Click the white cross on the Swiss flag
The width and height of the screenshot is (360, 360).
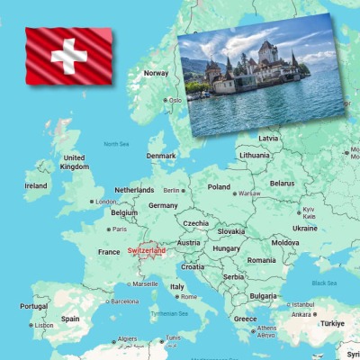pos(68,56)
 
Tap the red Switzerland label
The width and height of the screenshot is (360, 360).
pos(146,251)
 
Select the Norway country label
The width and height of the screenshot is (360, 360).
pos(157,73)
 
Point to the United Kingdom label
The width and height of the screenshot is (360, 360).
pos(74,162)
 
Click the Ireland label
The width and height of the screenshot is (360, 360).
pos(36,186)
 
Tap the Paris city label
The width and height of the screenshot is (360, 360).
pos(118,229)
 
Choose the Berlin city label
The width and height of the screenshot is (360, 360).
pos(171,190)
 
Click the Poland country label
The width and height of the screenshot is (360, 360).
pos(219,187)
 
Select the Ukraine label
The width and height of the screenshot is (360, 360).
pos(305,228)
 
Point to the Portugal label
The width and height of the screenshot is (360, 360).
pos(33,306)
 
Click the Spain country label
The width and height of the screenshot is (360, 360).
pos(70,319)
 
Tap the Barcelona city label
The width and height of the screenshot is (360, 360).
pos(124,301)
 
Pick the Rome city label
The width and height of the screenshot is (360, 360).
pos(188,296)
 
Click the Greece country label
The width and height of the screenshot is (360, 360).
pos(245,319)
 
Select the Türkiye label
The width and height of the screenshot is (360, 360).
pos(333,323)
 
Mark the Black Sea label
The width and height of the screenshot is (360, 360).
pos(325,283)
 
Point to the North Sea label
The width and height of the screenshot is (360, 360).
pos(116,144)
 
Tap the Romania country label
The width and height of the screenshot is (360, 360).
pos(262,260)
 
